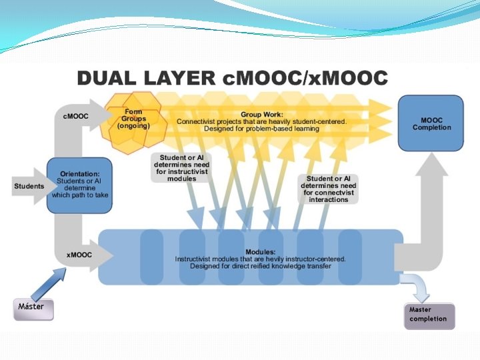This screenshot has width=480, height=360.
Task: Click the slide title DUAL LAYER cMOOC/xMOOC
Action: [x=232, y=77]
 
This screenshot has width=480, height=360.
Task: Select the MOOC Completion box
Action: [x=431, y=123]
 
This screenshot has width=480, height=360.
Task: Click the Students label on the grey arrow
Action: [x=29, y=186]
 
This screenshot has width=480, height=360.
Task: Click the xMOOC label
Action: [x=79, y=255]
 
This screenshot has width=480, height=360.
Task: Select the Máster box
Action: [x=31, y=307]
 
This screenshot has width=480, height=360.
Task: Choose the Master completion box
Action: [x=429, y=315]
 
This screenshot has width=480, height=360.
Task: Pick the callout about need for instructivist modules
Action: [x=181, y=167]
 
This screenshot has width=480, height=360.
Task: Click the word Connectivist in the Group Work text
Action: [x=199, y=121]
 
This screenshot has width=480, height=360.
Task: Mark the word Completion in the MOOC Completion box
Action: [x=431, y=127]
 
